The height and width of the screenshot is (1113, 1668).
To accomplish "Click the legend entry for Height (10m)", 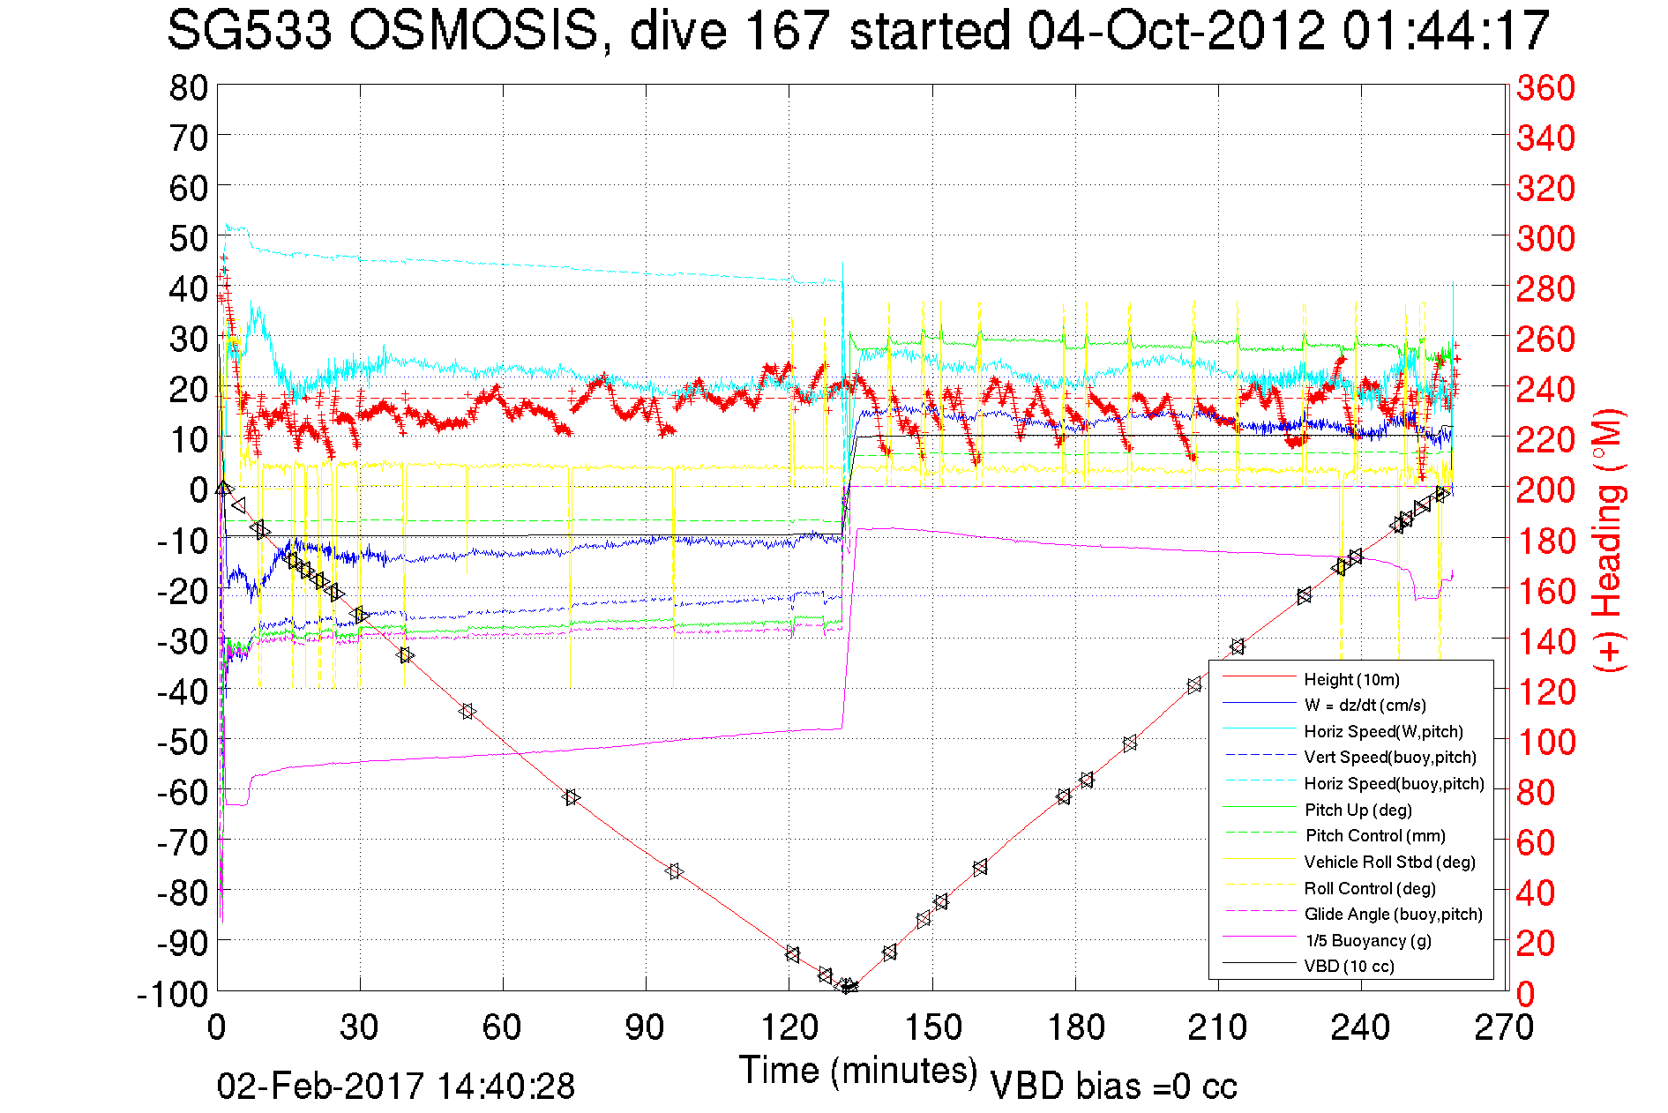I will click(1351, 679).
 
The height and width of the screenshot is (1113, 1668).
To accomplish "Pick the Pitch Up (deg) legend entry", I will click(1358, 810).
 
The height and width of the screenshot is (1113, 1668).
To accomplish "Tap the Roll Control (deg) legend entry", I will click(1369, 888).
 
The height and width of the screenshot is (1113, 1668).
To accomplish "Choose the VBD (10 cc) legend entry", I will click(1349, 967).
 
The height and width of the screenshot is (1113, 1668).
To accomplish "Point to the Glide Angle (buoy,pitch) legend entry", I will click(1393, 915).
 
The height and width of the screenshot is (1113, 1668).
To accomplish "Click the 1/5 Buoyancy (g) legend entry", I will click(1367, 940).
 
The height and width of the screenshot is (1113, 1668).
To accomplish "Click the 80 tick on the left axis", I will click(188, 87).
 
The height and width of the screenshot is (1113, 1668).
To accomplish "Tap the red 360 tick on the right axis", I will click(1545, 87).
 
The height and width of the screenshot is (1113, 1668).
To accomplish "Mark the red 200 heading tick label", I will click(1545, 489).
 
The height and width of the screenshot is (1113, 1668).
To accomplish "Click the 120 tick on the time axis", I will click(789, 1027).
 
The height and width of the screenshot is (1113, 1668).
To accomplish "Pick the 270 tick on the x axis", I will click(1505, 1027).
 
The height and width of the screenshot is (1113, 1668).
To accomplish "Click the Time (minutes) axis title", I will click(858, 1071).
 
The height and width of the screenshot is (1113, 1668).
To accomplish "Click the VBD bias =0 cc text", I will click(1113, 1087).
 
